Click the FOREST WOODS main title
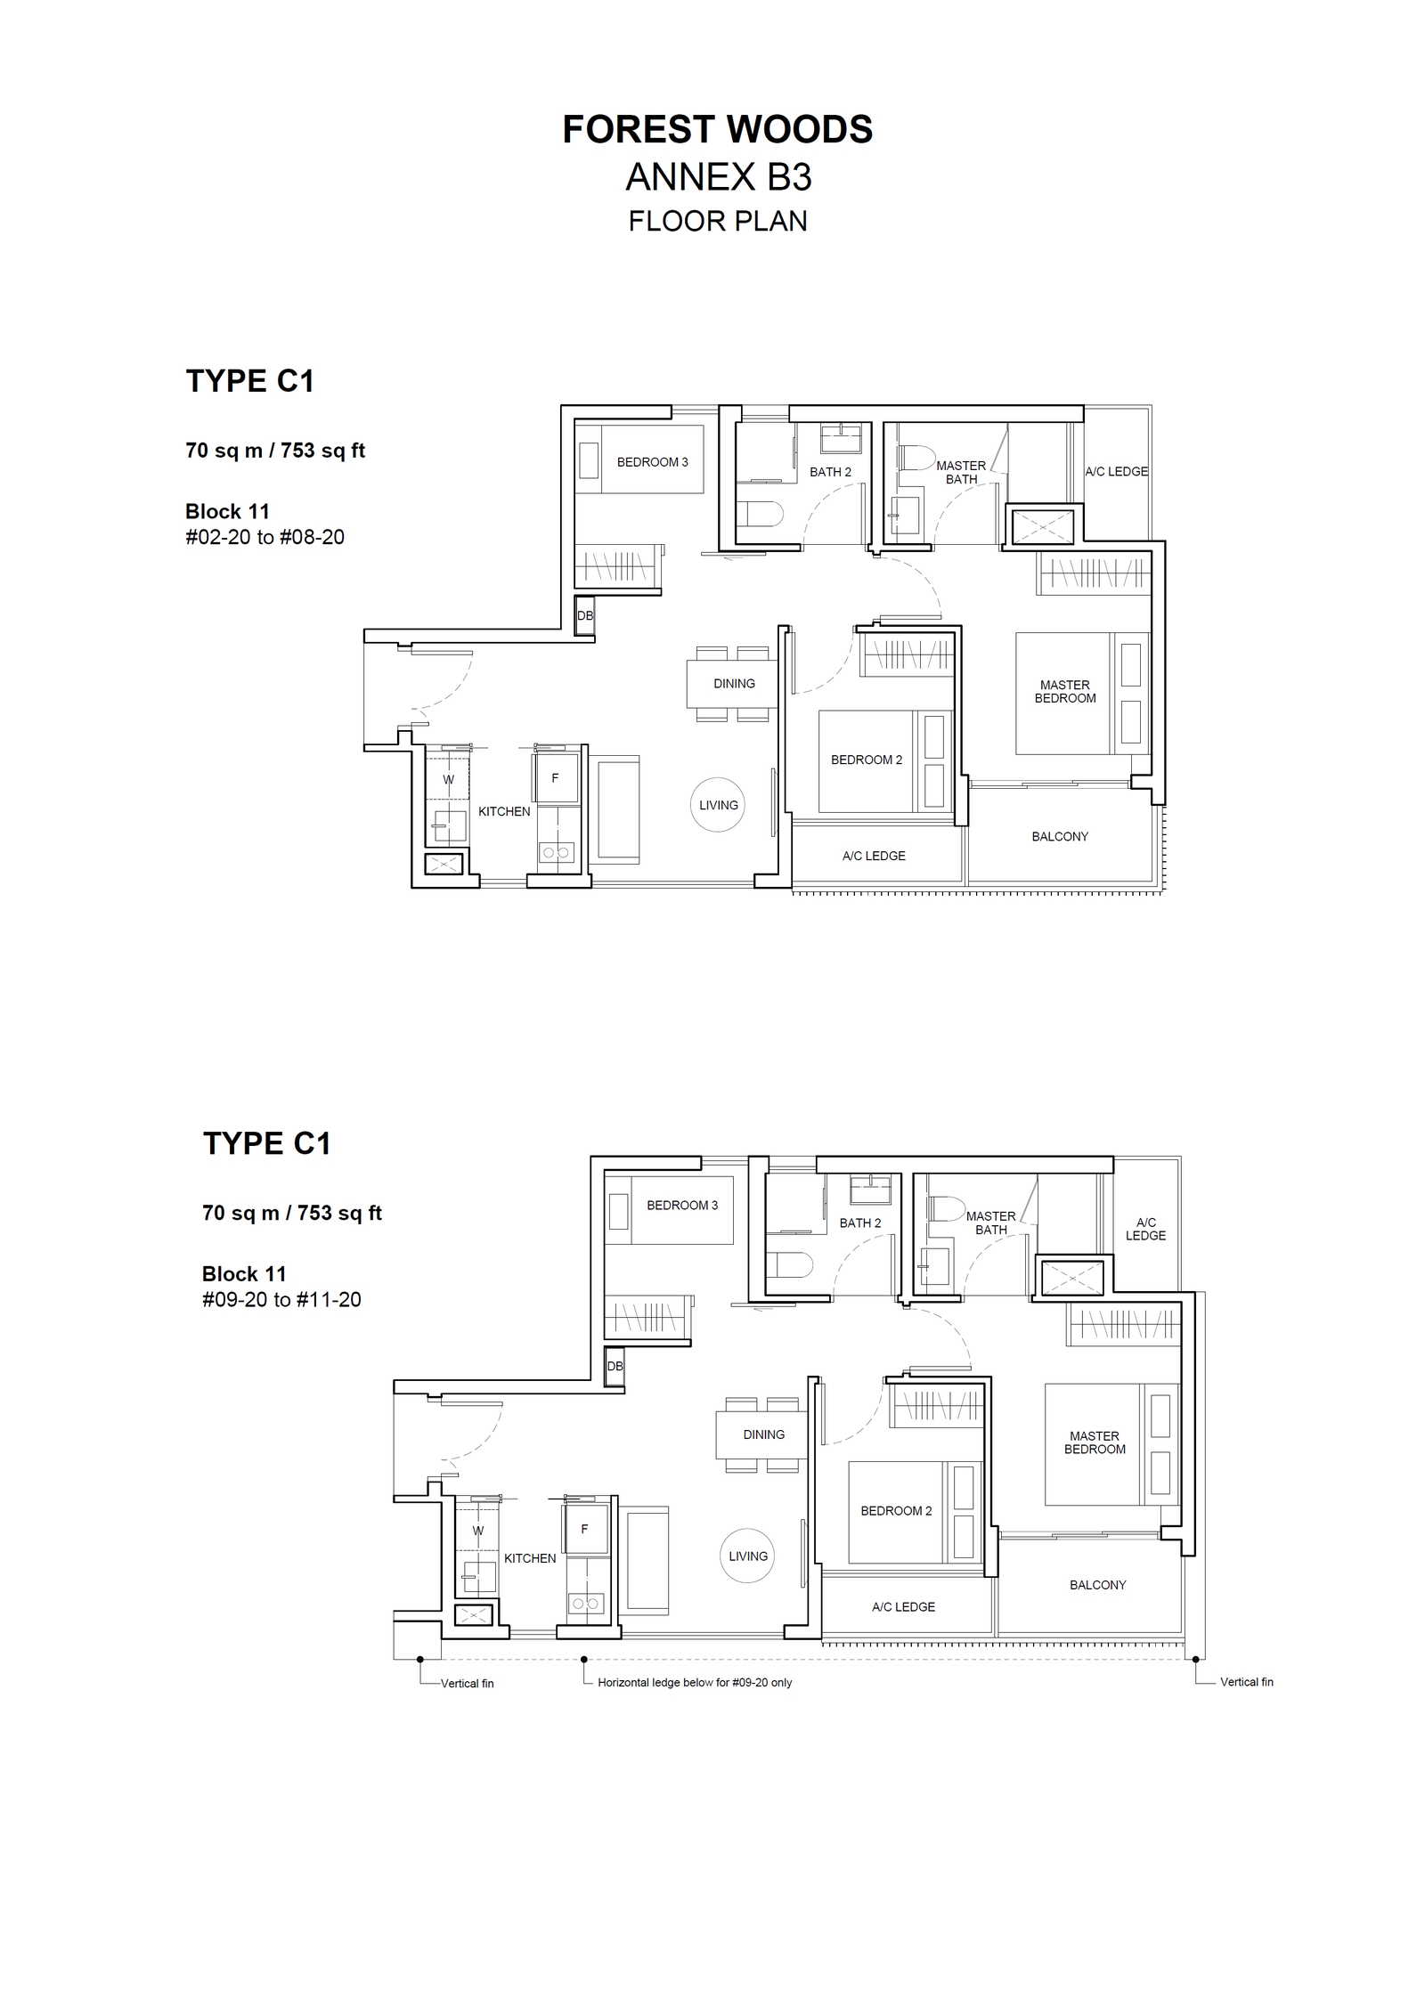click(x=718, y=130)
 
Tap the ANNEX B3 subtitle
click(x=719, y=177)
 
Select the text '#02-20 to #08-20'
click(x=265, y=537)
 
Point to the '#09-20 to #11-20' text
click(x=281, y=1299)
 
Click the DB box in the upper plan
click(x=585, y=615)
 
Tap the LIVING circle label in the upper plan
click(x=719, y=805)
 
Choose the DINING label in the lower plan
click(x=764, y=1434)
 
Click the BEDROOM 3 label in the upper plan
click(x=653, y=462)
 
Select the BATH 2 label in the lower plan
click(x=860, y=1223)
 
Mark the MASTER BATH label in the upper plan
click(x=961, y=472)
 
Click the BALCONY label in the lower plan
click(x=1098, y=1585)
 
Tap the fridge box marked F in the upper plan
click(x=556, y=777)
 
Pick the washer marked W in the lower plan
click(x=478, y=1531)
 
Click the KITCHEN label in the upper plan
click(x=504, y=811)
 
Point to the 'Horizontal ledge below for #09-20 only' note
click(x=695, y=1682)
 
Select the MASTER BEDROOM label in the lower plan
click(x=1095, y=1442)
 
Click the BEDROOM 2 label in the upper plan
click(x=867, y=760)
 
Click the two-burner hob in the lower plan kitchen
click(x=586, y=1603)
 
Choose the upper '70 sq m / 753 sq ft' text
click(x=275, y=451)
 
